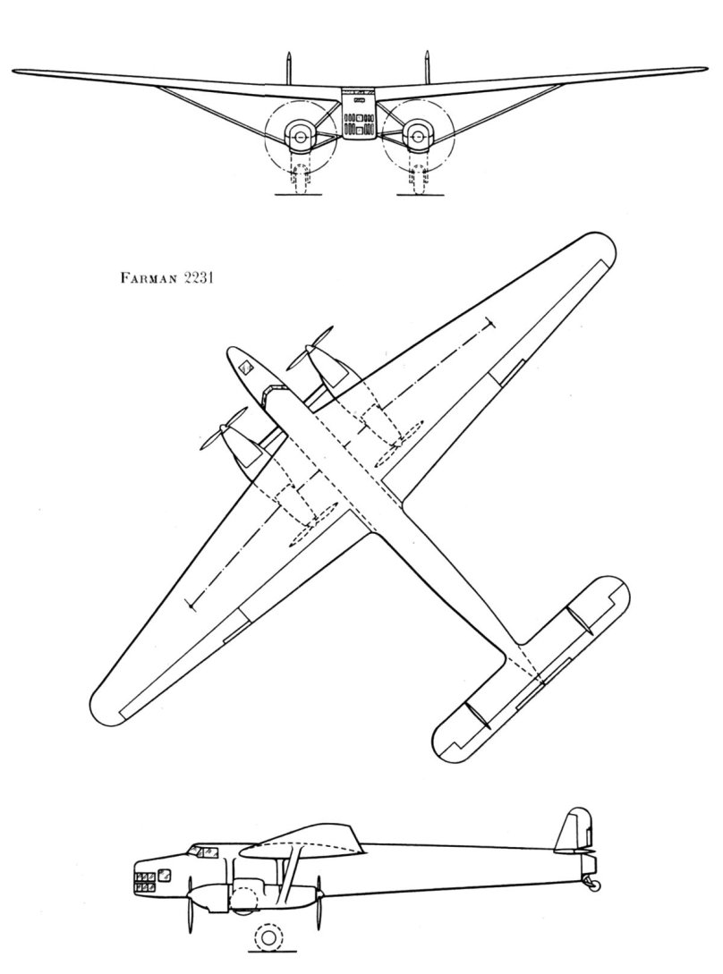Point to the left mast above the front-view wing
coord(289,67)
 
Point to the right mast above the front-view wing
coord(428,67)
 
